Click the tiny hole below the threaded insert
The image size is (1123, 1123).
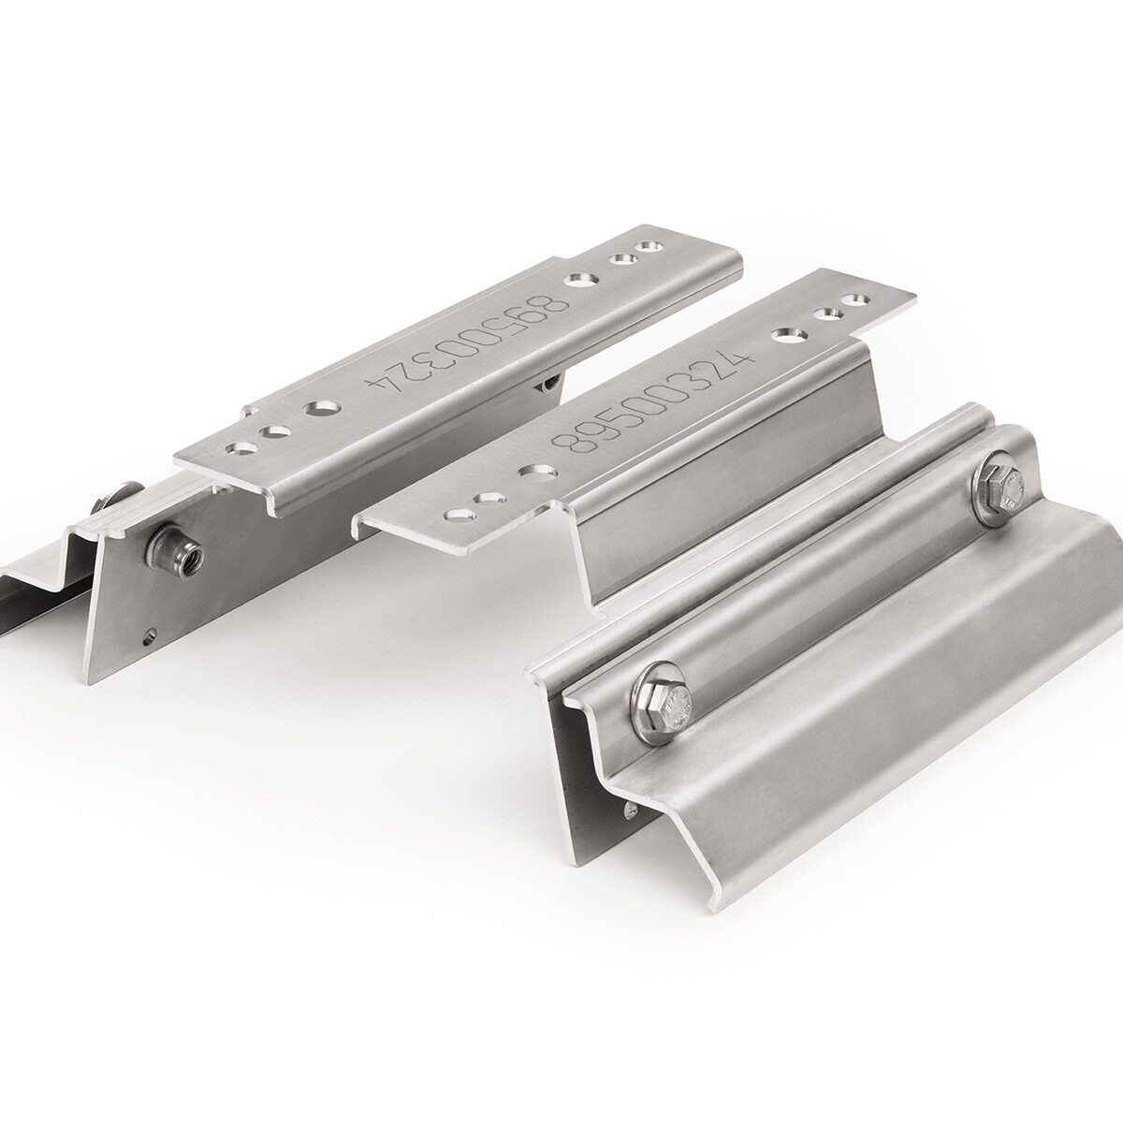(x=152, y=631)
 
